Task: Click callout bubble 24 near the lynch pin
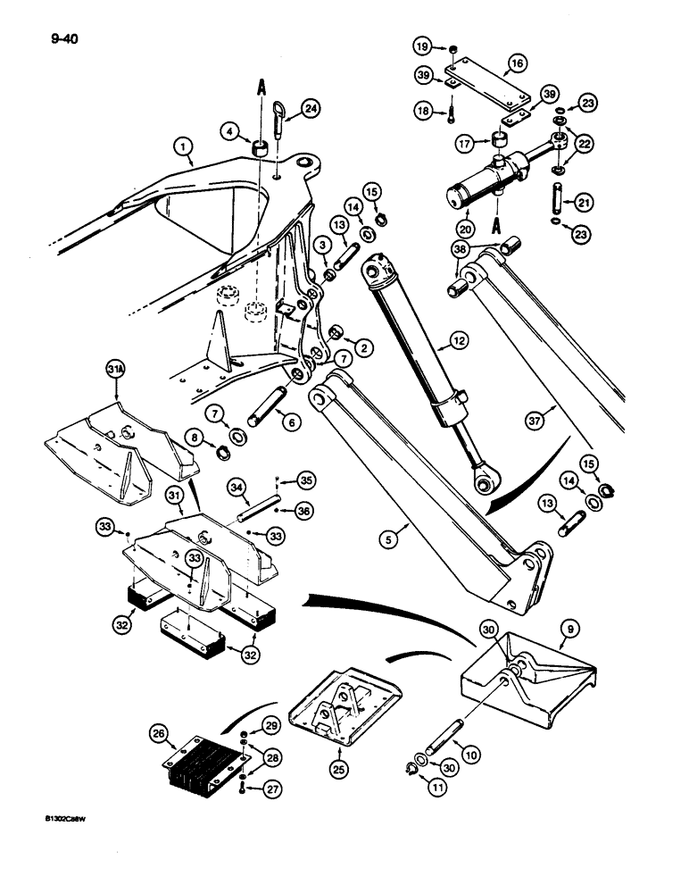[x=311, y=109]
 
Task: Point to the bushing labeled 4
[x=262, y=147]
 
